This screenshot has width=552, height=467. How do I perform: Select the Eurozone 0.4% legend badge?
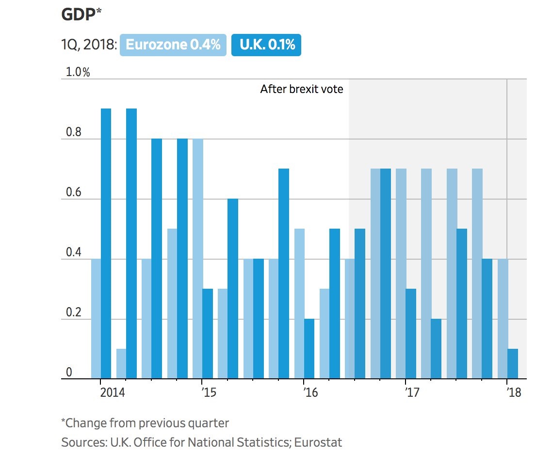click(x=173, y=45)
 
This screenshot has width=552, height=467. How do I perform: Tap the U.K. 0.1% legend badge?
click(x=266, y=45)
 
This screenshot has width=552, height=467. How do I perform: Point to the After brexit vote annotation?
click(x=302, y=89)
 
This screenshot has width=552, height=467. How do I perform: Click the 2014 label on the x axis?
click(x=113, y=392)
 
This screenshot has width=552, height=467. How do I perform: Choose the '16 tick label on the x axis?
click(x=310, y=392)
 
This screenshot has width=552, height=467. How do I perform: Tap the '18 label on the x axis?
click(x=514, y=392)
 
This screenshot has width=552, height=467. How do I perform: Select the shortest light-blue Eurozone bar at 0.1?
click(x=121, y=364)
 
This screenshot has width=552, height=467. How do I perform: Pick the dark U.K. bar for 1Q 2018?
click(x=513, y=364)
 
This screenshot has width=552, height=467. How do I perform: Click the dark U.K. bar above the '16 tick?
click(x=309, y=349)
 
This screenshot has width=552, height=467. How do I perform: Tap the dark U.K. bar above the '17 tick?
click(x=411, y=334)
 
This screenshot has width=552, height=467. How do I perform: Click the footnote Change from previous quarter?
click(x=145, y=423)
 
